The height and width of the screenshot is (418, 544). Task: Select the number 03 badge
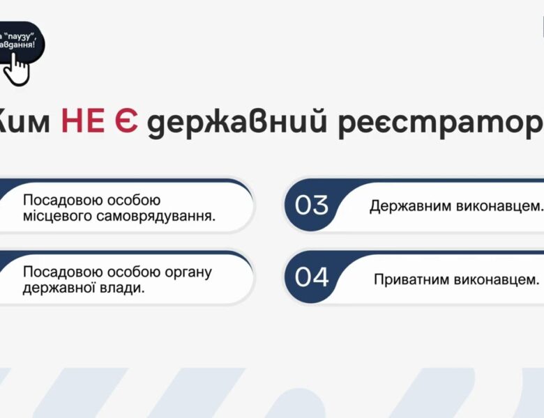coord(312,206)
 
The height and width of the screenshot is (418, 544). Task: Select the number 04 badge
coord(312,277)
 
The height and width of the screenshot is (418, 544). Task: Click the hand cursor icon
coord(19,68)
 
